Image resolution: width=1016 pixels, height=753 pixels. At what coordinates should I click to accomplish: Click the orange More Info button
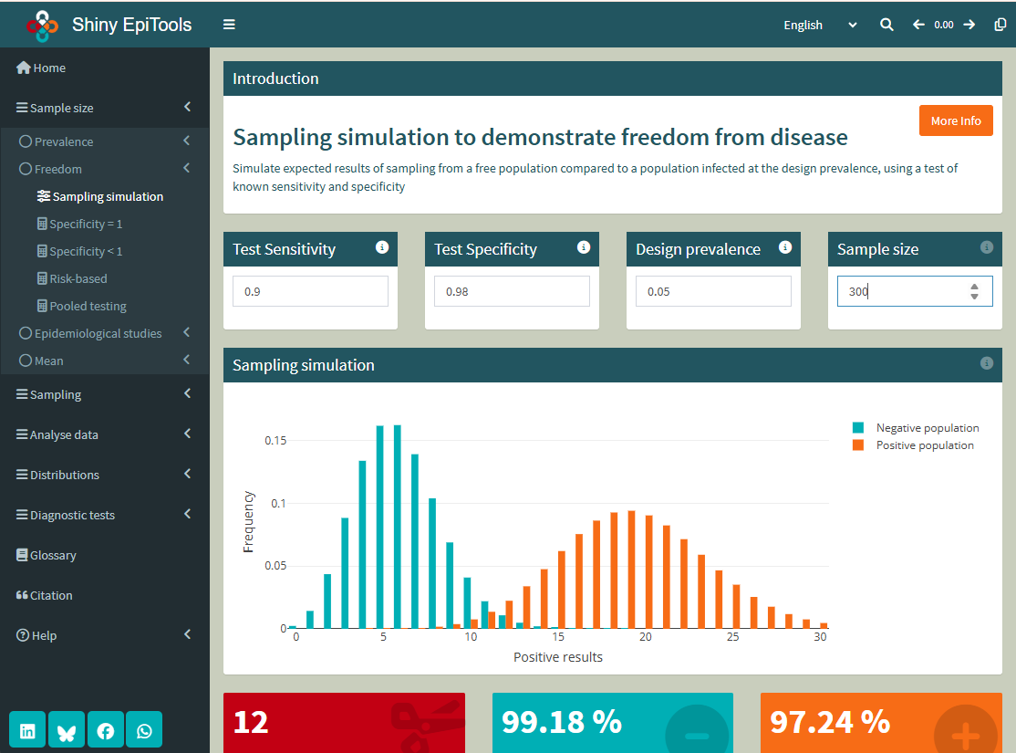(956, 120)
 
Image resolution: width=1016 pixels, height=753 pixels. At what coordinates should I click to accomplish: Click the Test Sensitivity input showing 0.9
(310, 291)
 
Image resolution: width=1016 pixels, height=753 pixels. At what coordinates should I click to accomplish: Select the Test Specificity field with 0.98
(512, 291)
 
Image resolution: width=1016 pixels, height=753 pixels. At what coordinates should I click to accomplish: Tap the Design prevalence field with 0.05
(713, 291)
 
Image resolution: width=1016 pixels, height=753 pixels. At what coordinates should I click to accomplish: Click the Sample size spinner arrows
(974, 291)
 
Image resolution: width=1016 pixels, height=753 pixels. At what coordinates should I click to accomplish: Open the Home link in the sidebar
(49, 68)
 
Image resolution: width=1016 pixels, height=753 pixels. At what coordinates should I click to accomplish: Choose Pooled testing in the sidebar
(88, 306)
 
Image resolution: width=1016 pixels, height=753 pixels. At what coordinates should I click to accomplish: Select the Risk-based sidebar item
(78, 278)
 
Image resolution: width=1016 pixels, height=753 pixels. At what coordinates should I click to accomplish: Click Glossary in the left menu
(53, 555)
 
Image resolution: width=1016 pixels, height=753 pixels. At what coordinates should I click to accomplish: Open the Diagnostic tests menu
(72, 515)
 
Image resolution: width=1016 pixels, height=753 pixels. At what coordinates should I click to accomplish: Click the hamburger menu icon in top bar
(229, 25)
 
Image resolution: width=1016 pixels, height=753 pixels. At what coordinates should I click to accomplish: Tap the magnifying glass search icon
(886, 25)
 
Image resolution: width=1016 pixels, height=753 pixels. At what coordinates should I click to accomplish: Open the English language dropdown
(820, 25)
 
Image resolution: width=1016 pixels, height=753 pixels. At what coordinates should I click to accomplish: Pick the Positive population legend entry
(924, 445)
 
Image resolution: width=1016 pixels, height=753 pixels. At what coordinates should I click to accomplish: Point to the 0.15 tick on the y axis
(275, 440)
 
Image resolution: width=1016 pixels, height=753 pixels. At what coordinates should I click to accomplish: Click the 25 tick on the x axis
(733, 637)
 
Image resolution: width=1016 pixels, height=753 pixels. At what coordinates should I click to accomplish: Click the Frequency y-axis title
(248, 522)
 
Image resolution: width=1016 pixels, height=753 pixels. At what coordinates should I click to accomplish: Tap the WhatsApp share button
(144, 730)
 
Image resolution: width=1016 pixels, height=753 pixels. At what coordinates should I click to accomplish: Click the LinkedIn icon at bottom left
(28, 730)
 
